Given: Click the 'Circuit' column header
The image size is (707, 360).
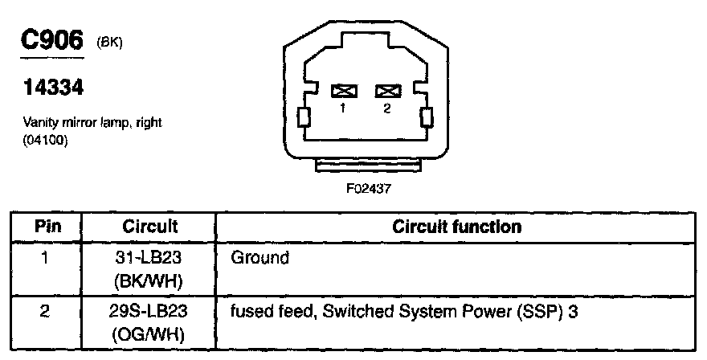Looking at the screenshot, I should coord(149,227).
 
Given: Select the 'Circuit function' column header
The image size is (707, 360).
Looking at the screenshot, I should coord(456,227).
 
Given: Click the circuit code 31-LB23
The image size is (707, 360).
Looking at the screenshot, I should coord(149,259).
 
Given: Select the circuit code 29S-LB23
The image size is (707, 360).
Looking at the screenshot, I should coord(149,310).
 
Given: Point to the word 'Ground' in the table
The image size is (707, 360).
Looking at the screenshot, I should coord(259,259).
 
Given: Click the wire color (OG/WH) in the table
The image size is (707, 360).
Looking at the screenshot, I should coord(149,330).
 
